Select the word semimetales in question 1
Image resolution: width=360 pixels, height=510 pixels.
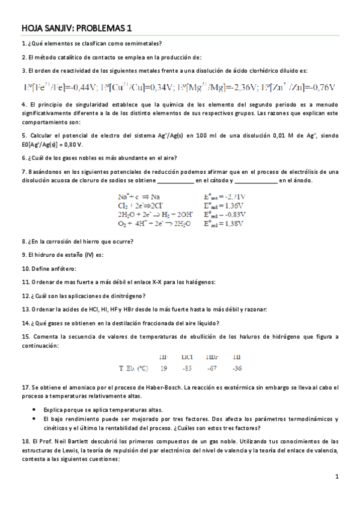click(x=144, y=43)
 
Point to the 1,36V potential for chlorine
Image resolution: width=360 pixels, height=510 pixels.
click(x=231, y=205)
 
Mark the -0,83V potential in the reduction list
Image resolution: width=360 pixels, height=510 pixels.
click(x=232, y=214)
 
